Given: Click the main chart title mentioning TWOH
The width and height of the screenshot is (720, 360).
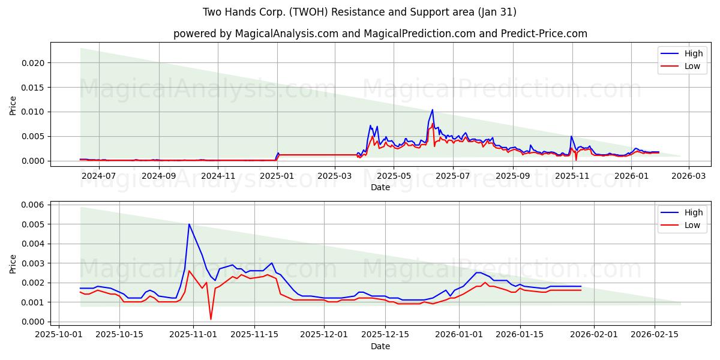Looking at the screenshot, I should tap(359, 12).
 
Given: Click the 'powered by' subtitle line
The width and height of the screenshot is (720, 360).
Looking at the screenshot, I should tap(380, 34).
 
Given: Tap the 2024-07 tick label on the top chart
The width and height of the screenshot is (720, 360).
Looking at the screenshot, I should tap(99, 176).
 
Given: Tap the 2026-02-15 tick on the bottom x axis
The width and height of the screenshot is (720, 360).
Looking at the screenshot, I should tap(654, 335).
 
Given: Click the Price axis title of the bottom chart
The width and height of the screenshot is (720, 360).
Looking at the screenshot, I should tap(13, 263).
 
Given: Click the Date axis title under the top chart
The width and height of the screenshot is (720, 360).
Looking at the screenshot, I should tap(380, 187).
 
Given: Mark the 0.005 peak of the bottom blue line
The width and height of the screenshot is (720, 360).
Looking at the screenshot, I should tap(189, 224).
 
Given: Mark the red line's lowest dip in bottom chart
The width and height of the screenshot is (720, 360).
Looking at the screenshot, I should tap(211, 319).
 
